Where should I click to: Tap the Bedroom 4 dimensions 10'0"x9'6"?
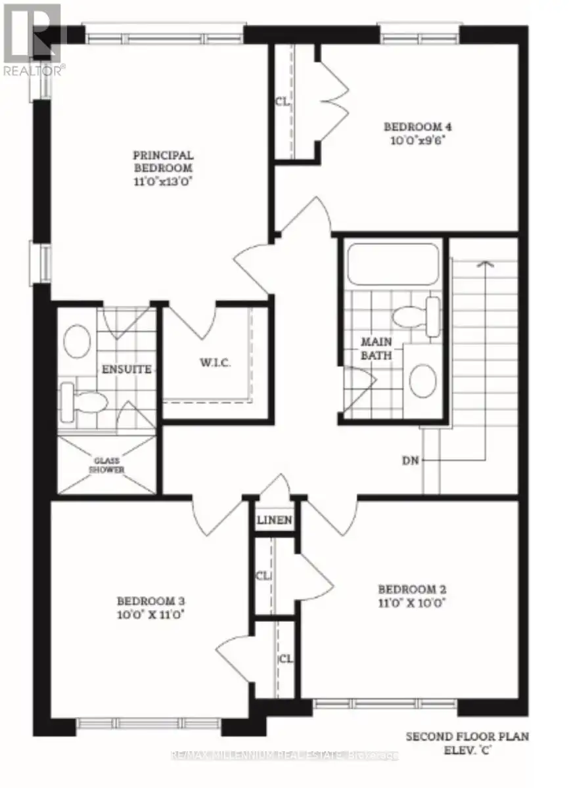coord(417,141)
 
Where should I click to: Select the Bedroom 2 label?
coord(412,589)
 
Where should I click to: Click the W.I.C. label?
coord(216,362)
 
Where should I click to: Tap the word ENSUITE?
coord(127,369)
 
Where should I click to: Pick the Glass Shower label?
coord(106,465)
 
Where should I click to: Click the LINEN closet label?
coord(275,519)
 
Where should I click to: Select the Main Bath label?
coord(376,348)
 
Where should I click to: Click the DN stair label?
coord(410,460)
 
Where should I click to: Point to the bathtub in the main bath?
coord(394,264)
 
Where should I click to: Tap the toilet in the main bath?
coord(417,317)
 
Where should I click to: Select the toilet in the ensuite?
coord(83,403)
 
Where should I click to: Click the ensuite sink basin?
coord(77,341)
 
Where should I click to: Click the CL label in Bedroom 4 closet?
coord(283,102)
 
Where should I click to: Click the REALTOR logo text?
coord(34,71)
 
